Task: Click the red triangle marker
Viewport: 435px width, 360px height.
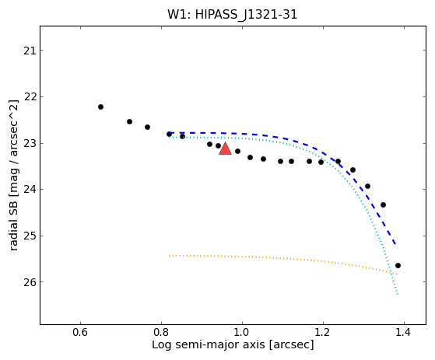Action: click(x=225, y=149)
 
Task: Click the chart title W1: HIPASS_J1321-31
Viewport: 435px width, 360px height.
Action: click(x=232, y=15)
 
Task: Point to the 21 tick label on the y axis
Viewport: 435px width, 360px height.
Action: click(x=30, y=51)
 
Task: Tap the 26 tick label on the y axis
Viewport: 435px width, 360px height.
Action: click(x=30, y=282)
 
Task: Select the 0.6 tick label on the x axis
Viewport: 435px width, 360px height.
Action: click(x=80, y=332)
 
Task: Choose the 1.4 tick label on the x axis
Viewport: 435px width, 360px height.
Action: click(x=404, y=332)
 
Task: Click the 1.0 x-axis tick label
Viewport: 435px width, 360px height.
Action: click(x=242, y=332)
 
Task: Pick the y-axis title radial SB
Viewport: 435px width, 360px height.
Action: click(x=13, y=218)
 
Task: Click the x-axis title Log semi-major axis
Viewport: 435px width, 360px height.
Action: click(x=208, y=345)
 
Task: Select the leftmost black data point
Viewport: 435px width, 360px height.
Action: click(x=100, y=107)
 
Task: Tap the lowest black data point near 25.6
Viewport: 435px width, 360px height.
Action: click(x=398, y=265)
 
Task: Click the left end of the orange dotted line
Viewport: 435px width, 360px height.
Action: click(x=169, y=256)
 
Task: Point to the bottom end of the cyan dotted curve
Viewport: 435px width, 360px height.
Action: click(x=398, y=294)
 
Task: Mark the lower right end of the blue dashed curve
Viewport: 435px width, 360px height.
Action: click(x=395, y=244)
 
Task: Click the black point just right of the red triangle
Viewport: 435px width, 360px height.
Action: click(x=238, y=152)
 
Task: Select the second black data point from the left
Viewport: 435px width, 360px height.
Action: click(x=129, y=121)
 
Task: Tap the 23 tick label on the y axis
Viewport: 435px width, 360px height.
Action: click(x=30, y=144)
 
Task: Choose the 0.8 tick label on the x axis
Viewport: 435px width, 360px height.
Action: click(x=161, y=332)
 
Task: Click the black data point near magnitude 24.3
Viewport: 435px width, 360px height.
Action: click(x=383, y=205)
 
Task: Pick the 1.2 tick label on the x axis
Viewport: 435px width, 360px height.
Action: click(x=323, y=332)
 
